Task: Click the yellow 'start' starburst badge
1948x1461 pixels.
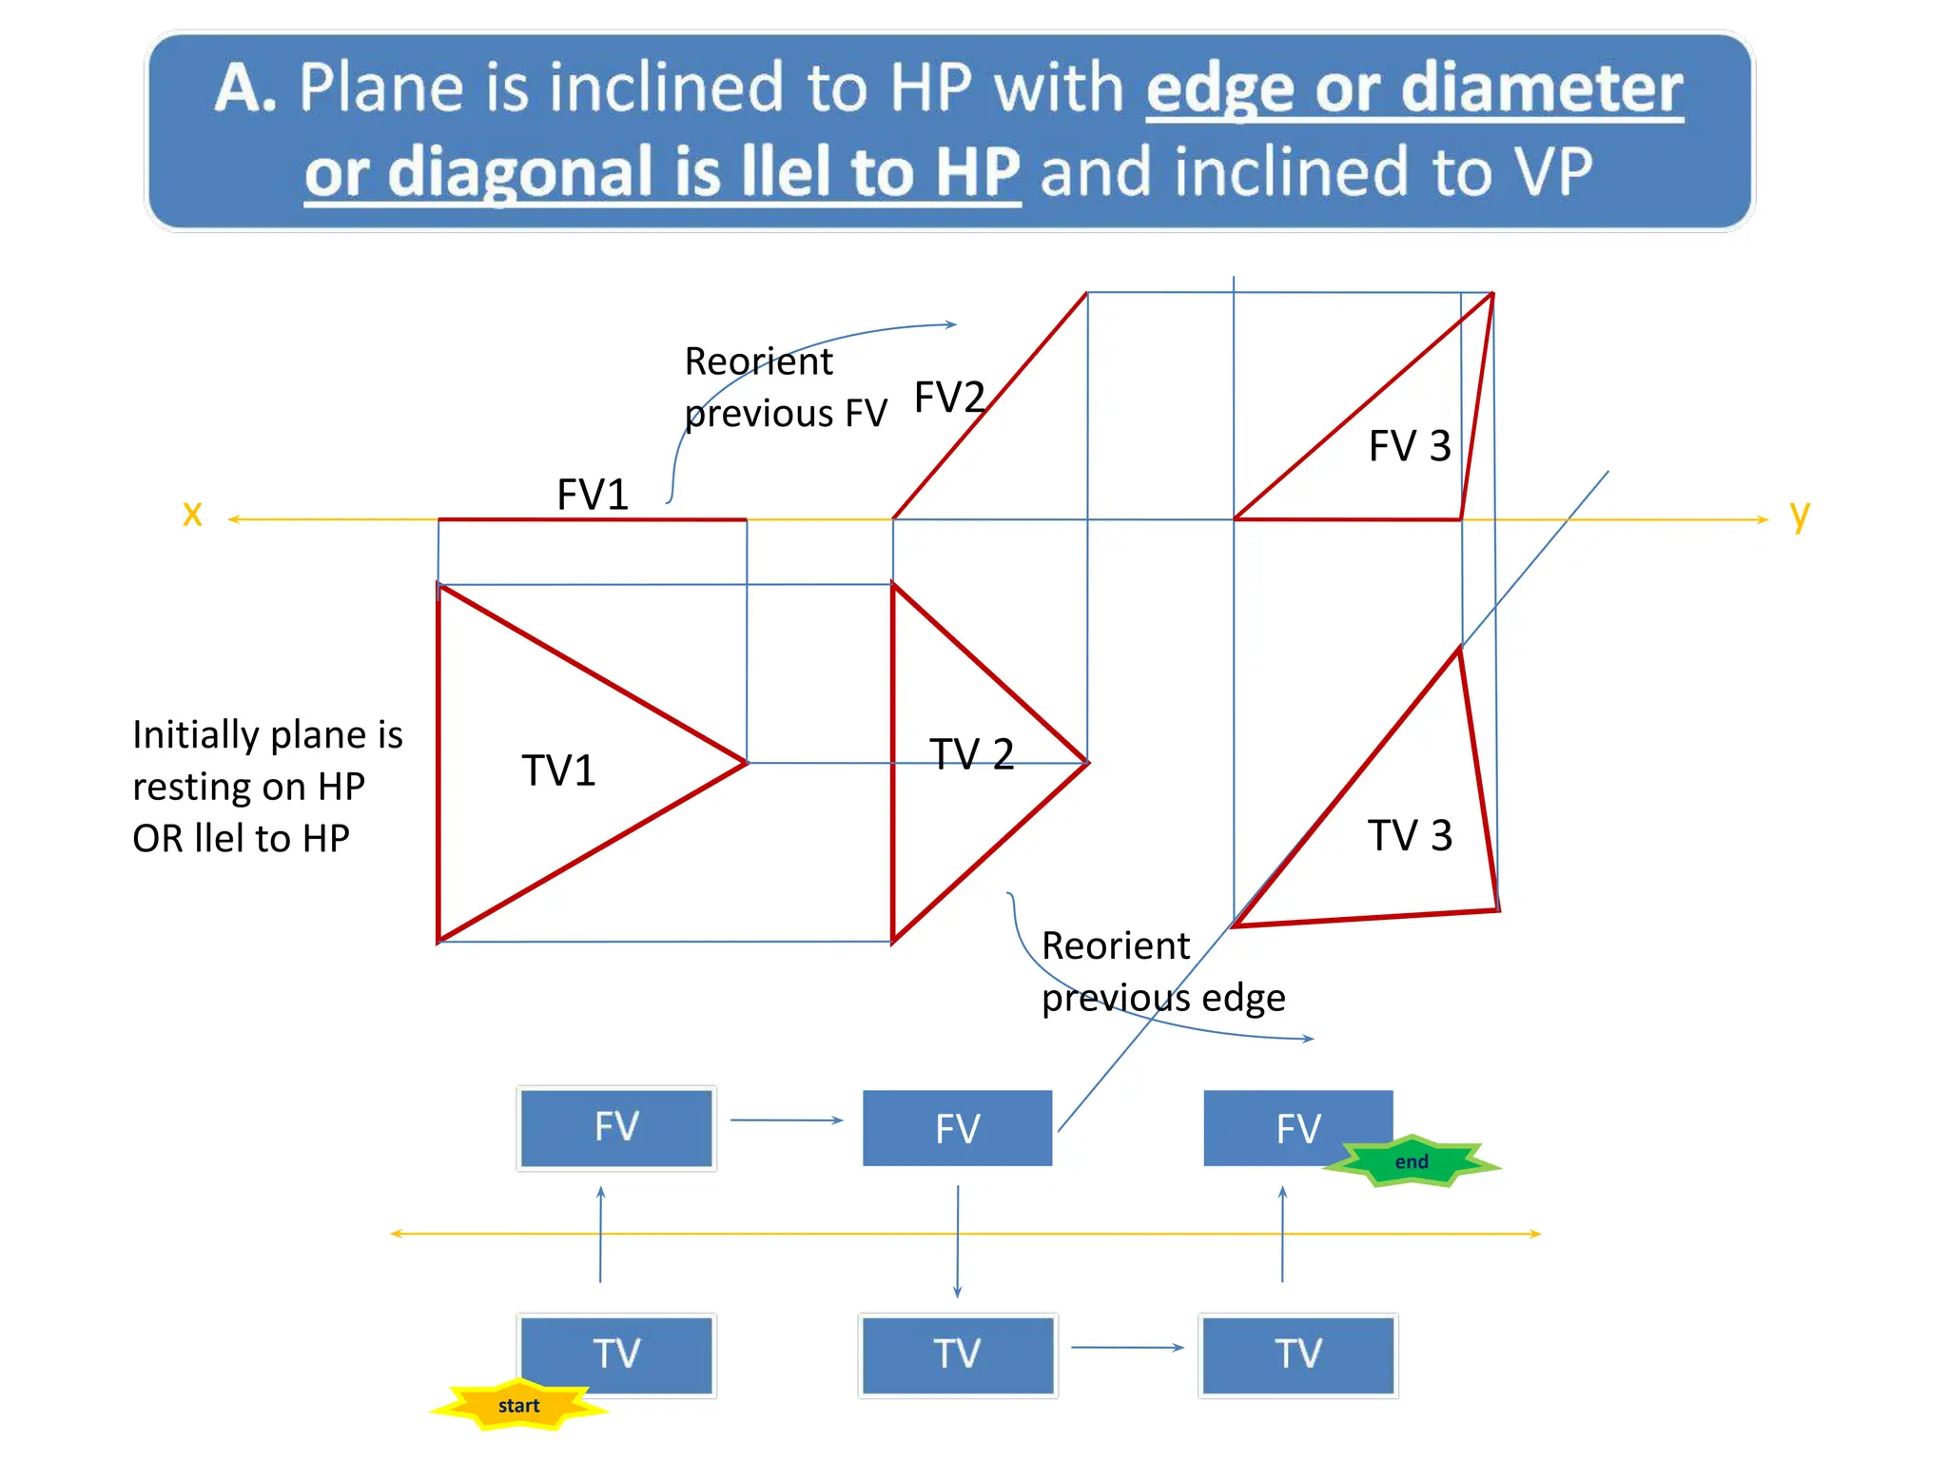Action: coord(518,1405)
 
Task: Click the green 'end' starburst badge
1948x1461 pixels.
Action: coord(1412,1161)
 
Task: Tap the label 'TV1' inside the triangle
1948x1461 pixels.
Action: coord(558,770)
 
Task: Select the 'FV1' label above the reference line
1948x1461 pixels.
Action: coord(593,495)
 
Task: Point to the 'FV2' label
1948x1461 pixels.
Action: coord(948,397)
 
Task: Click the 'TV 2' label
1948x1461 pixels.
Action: coord(971,754)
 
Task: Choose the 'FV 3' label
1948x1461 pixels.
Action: coord(1410,445)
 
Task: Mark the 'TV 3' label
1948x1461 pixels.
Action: coord(1410,835)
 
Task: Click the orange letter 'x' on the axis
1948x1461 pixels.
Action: coord(192,514)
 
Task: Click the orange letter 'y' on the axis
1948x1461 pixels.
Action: coord(1799,515)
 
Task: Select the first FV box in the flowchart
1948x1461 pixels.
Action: coord(616,1127)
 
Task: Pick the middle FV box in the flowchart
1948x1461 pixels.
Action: coord(957,1128)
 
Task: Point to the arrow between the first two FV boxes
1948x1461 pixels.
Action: coord(787,1120)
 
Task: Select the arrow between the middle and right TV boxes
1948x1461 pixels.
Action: coord(1127,1347)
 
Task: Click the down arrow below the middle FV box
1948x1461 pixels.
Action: coord(958,1241)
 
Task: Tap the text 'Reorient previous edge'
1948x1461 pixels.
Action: coord(1162,971)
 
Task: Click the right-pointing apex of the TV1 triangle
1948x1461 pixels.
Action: coord(746,762)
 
